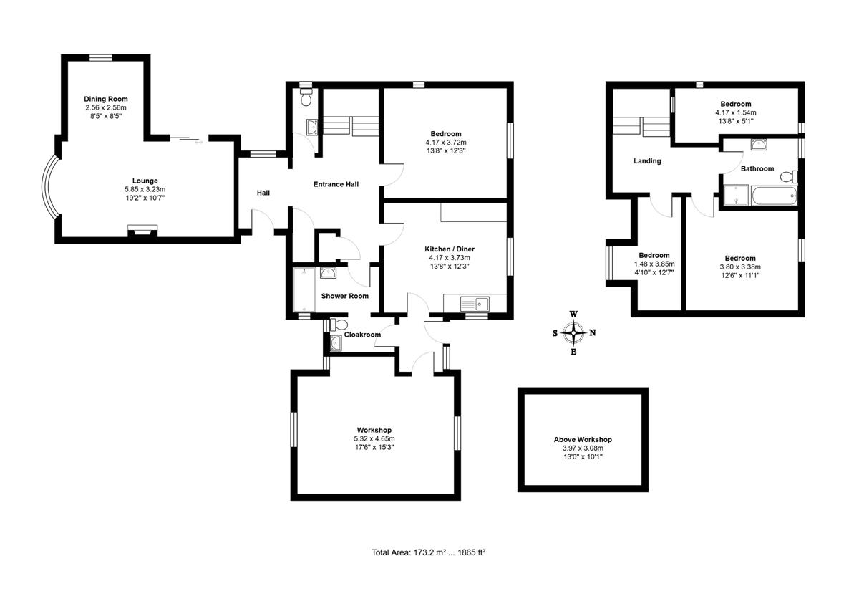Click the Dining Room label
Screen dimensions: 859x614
(106, 99)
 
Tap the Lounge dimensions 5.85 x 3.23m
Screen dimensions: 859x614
(145, 189)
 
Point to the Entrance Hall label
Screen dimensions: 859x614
(336, 184)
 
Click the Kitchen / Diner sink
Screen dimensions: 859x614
(475, 304)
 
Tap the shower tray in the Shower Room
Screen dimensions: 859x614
(304, 289)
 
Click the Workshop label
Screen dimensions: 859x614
(374, 430)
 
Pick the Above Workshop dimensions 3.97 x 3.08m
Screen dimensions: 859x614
(583, 448)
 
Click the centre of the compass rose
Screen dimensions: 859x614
(573, 332)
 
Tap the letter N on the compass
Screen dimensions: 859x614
(593, 332)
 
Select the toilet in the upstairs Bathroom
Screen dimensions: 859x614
(789, 177)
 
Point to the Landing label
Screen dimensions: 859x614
(647, 160)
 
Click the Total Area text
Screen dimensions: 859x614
(428, 552)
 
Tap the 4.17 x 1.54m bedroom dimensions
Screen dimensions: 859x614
(736, 112)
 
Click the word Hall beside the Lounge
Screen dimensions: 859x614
(263, 193)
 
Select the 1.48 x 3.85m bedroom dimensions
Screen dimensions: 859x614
(654, 264)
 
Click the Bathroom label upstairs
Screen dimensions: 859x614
(757, 168)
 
